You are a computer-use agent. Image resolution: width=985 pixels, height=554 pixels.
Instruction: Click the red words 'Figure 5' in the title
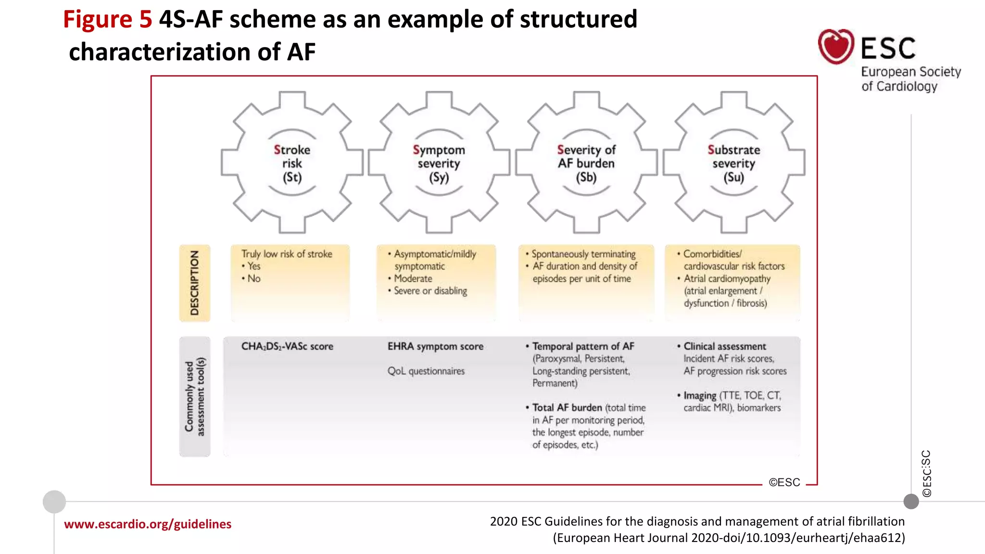point(107,20)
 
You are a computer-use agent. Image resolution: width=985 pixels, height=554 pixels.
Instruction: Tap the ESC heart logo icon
point(836,47)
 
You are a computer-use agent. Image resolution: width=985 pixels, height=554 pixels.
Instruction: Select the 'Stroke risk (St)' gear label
point(292,164)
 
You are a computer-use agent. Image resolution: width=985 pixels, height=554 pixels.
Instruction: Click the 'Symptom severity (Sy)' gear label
point(439,164)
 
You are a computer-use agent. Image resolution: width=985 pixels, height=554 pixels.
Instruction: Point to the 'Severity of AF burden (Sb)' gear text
point(586,164)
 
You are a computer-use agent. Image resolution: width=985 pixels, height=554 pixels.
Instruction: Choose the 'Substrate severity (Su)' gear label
point(733,164)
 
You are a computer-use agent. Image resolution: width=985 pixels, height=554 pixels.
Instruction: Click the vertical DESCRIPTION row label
point(195,283)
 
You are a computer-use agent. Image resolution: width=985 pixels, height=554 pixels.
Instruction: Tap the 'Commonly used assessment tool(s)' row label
point(195,396)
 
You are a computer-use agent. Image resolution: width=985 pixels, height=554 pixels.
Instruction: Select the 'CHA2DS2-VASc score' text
point(287,346)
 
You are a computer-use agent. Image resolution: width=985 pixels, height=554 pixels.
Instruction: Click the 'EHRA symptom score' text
point(435,346)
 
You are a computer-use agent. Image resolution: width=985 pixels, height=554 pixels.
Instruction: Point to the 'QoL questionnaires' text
point(426,371)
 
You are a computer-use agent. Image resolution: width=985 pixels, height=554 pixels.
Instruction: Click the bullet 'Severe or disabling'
point(430,291)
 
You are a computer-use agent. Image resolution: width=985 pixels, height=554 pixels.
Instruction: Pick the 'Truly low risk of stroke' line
point(287,254)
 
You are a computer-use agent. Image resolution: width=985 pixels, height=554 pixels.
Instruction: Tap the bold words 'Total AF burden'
point(567,407)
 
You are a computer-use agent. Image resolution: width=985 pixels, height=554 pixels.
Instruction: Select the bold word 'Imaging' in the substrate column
point(700,395)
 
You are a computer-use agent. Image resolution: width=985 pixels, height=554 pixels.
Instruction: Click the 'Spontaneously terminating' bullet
point(583,254)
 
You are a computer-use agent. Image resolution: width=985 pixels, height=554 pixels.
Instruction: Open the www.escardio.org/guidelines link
point(148,524)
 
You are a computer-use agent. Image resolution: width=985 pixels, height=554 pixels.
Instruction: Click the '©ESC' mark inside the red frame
point(784,482)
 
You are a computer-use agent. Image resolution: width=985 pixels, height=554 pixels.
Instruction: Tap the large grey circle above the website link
point(54,502)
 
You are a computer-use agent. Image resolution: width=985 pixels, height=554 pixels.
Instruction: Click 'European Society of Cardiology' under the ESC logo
point(910,79)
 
